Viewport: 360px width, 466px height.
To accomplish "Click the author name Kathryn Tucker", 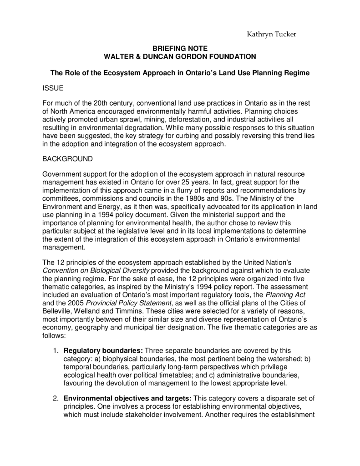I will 271,35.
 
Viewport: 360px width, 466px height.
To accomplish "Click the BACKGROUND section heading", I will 67,159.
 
